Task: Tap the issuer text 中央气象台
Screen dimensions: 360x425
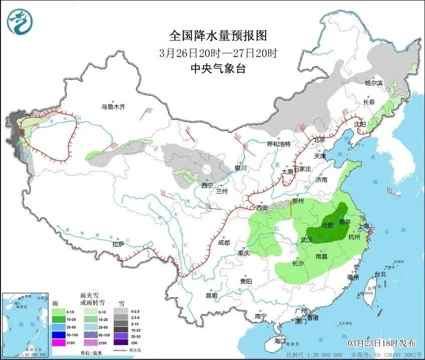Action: click(x=218, y=69)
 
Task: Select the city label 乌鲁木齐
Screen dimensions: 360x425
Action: click(x=112, y=107)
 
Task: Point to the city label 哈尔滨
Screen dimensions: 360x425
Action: click(x=373, y=83)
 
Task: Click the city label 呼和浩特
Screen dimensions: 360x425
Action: click(x=279, y=144)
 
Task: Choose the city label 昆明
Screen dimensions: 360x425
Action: click(x=211, y=295)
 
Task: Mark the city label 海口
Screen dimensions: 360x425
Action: click(x=280, y=341)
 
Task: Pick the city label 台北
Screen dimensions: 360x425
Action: click(x=380, y=274)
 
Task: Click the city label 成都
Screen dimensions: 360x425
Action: click(x=224, y=243)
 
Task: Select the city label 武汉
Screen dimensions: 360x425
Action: click(x=307, y=240)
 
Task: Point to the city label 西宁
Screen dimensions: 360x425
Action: click(x=207, y=186)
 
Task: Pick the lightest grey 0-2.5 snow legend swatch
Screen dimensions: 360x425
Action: click(x=120, y=311)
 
